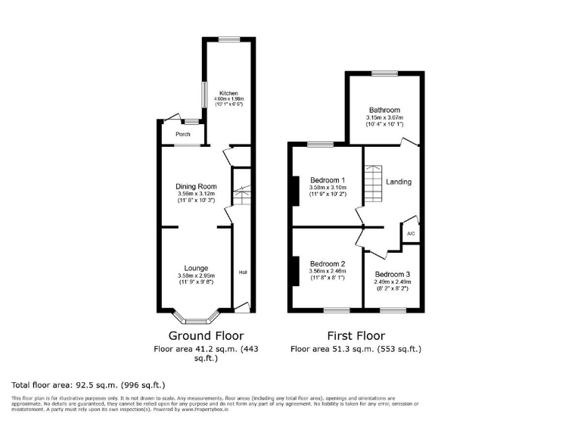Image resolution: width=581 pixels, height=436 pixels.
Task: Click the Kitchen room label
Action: [x=228, y=93]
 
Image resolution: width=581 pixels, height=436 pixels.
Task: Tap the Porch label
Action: [x=183, y=134]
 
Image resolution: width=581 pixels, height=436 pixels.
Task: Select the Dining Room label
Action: [x=196, y=186]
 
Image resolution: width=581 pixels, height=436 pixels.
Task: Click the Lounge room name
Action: [x=196, y=268]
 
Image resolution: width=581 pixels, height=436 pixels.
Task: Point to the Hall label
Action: [x=244, y=272]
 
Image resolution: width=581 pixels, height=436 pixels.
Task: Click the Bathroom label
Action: [x=384, y=110]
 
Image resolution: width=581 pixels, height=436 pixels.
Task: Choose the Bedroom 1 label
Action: [x=328, y=180]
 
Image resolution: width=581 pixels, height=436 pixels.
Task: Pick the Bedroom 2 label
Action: [x=328, y=263]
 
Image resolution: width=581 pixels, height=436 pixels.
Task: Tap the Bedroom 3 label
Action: [x=392, y=273]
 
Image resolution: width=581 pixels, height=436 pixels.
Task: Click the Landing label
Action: [x=399, y=182]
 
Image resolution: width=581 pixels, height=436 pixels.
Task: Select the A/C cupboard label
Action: [x=411, y=234]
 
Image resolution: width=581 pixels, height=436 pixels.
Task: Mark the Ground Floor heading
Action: [x=206, y=335]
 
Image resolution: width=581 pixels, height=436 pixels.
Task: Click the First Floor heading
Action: [x=356, y=335]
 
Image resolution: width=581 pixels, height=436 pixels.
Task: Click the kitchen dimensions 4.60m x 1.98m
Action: [x=228, y=100]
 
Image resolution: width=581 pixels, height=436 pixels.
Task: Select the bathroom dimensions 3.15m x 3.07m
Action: [x=384, y=118]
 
